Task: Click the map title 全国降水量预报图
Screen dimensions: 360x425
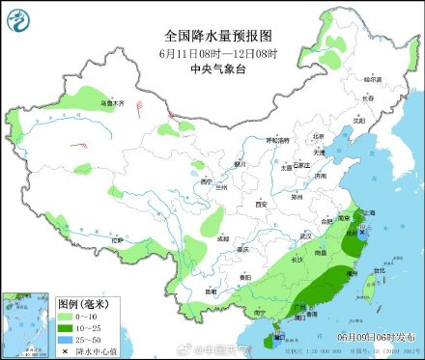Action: click(x=212, y=35)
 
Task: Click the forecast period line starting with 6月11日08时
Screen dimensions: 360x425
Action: click(x=212, y=52)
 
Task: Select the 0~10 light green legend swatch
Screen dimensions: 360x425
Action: click(x=65, y=316)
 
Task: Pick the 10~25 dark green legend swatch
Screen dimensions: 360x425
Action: click(x=65, y=328)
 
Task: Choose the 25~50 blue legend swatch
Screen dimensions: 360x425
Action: click(x=65, y=341)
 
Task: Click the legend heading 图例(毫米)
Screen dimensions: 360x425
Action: click(x=81, y=302)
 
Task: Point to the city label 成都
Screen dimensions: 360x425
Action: click(x=223, y=236)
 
